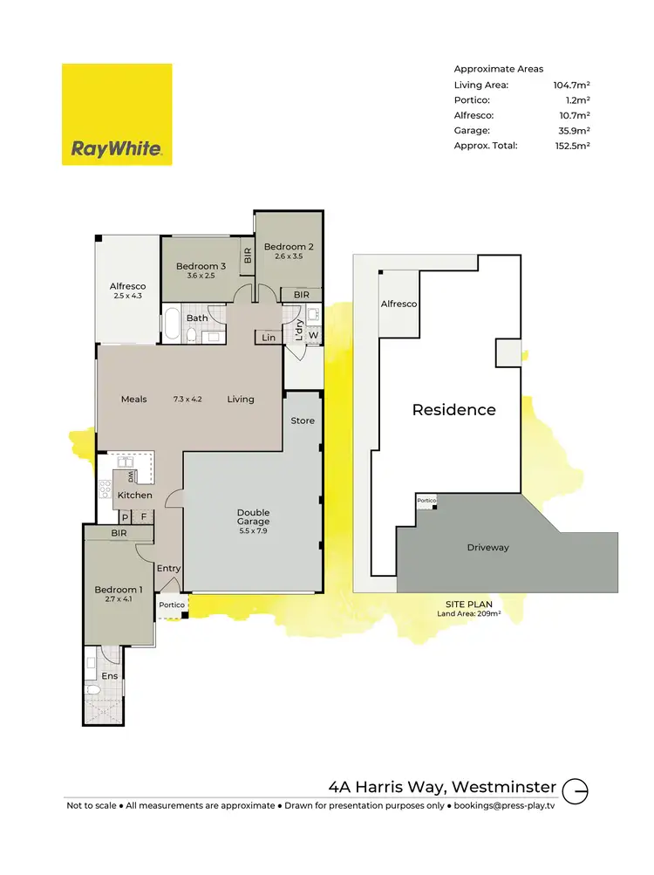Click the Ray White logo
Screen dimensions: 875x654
point(117,114)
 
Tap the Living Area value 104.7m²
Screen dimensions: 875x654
point(572,85)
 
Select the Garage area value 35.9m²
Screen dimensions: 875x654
point(573,130)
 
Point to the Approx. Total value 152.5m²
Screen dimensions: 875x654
point(572,146)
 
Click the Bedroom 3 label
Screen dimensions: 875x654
point(201,266)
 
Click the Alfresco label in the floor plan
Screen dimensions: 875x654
point(127,286)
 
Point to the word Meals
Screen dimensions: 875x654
point(133,400)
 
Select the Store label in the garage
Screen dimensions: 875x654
point(303,420)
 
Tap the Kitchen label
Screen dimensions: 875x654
point(135,496)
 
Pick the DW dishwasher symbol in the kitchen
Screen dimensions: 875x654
point(130,477)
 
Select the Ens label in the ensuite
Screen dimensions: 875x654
point(110,676)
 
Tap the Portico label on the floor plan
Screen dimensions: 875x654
point(172,605)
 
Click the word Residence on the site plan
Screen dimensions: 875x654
point(453,410)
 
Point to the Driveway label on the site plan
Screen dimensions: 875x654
point(487,548)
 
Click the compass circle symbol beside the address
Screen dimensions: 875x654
point(576,791)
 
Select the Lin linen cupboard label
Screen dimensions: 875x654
point(268,337)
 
